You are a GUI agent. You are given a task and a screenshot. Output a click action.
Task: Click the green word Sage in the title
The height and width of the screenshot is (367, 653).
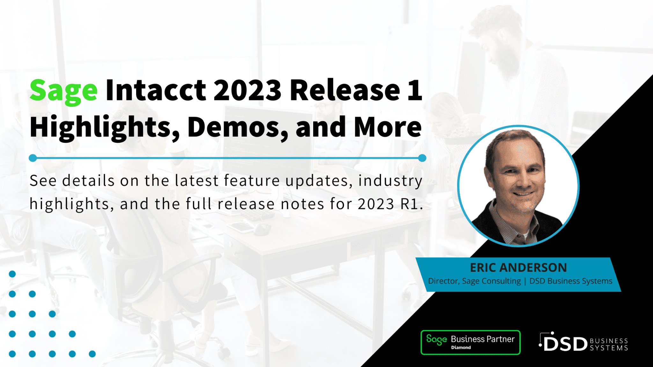(x=63, y=91)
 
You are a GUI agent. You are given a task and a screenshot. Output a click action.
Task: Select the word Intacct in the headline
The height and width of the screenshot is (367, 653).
(x=156, y=91)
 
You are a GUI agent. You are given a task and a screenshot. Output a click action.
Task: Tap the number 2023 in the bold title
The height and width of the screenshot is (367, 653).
(x=247, y=91)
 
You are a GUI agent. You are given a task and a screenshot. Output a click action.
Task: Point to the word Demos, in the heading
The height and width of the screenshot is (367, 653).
(x=238, y=127)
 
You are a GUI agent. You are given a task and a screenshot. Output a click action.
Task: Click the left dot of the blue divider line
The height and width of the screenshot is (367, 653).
(x=33, y=158)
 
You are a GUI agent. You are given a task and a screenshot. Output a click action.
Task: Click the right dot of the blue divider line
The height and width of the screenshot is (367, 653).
(x=422, y=158)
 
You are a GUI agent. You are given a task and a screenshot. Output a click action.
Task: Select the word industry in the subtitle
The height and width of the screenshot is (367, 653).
(x=390, y=181)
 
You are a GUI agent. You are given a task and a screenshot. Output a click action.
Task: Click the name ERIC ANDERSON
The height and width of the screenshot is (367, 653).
(x=518, y=268)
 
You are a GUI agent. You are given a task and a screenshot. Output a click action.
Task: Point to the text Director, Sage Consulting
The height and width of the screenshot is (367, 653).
(x=474, y=281)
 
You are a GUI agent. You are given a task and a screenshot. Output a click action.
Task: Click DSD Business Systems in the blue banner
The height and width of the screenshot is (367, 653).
(x=571, y=281)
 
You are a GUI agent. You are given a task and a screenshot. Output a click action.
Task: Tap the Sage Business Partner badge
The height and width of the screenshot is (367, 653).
(x=470, y=342)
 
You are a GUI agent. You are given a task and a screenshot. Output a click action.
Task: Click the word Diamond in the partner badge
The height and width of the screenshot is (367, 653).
(x=461, y=348)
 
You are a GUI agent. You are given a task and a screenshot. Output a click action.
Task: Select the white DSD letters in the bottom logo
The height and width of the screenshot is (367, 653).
(x=565, y=344)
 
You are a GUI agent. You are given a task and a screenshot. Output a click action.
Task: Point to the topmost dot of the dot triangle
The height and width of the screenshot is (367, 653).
(x=12, y=274)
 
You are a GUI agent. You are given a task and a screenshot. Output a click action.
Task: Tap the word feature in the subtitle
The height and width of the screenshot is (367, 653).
(x=252, y=181)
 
